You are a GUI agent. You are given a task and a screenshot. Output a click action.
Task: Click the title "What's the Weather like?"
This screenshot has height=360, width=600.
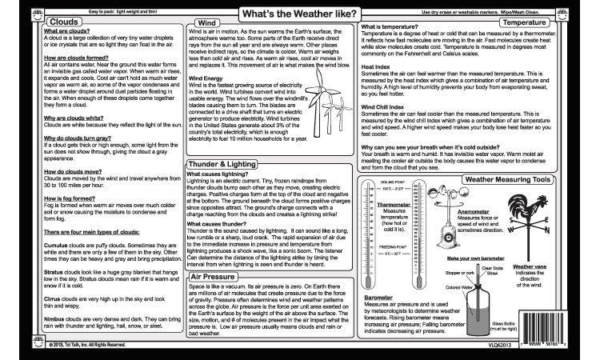300,14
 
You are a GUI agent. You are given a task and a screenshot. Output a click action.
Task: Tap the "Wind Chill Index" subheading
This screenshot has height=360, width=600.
386,106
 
